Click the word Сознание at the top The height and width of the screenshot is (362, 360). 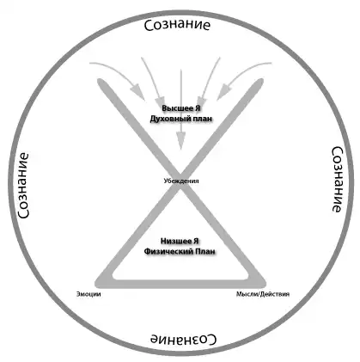(x=177, y=25)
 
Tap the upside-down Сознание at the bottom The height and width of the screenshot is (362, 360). (x=184, y=340)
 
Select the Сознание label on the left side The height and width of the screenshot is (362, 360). (x=23, y=186)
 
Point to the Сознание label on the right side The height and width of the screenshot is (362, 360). (x=337, y=180)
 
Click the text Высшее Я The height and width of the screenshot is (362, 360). (x=181, y=109)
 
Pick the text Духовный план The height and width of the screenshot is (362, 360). (x=181, y=119)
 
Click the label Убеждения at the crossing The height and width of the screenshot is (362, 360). (x=181, y=181)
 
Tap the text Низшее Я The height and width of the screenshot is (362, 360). (x=180, y=242)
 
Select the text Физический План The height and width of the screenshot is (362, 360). (x=180, y=251)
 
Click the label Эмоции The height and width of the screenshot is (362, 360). (x=88, y=294)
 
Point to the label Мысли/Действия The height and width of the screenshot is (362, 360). (x=263, y=294)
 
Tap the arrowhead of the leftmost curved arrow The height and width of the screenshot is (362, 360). (x=138, y=92)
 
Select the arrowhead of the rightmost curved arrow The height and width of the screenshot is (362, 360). (x=223, y=92)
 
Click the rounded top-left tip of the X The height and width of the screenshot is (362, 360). (x=101, y=82)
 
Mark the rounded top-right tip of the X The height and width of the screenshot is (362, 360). (x=259, y=82)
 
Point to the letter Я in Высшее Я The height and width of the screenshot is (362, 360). (x=198, y=109)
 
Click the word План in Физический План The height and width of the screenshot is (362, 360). (x=205, y=251)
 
